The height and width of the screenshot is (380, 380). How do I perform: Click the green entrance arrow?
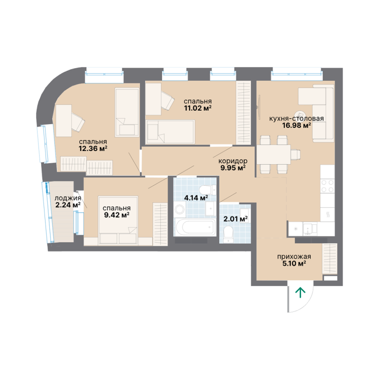pyautogui.click(x=300, y=292)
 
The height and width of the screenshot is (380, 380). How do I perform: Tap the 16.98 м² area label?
pyautogui.click(x=296, y=126)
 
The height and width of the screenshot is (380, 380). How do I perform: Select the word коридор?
pyautogui.click(x=233, y=161)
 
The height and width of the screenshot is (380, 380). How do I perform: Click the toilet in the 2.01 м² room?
pyautogui.click(x=228, y=234)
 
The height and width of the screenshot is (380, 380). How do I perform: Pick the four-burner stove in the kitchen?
pyautogui.click(x=328, y=186)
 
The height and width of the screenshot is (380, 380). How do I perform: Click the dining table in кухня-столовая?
pyautogui.click(x=274, y=154)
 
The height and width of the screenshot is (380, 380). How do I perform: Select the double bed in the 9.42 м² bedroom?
pyautogui.click(x=118, y=220)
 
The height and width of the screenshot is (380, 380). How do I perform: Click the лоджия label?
pyautogui.click(x=68, y=198)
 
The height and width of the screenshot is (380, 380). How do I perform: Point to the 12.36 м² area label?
pyautogui.click(x=93, y=148)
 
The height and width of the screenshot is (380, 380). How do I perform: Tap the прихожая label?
pyautogui.click(x=294, y=256)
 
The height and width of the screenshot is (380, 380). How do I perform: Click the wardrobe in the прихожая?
pyautogui.click(x=330, y=259)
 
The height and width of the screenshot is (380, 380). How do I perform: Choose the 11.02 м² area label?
pyautogui.click(x=198, y=108)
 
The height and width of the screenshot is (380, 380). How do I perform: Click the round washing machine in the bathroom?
pyautogui.click(x=180, y=209)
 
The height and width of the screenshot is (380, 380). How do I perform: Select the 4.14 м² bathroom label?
pyautogui.click(x=196, y=198)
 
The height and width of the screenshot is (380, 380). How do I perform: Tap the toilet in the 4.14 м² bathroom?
pyautogui.click(x=207, y=190)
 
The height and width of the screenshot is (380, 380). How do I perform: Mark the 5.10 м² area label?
pyautogui.click(x=294, y=263)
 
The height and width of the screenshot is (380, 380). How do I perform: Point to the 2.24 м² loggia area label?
pyautogui.click(x=68, y=205)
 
